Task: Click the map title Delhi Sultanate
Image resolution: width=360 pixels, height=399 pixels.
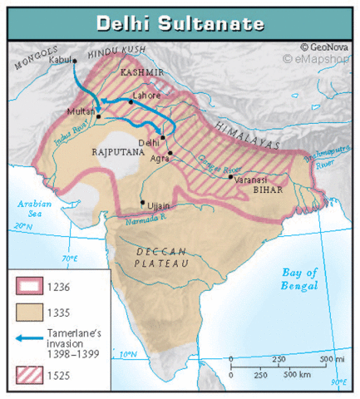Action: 179,22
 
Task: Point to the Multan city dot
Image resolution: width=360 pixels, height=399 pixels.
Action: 98,116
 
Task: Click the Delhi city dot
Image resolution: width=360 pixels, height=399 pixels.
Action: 163,137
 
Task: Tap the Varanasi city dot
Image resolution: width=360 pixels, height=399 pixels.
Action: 231,176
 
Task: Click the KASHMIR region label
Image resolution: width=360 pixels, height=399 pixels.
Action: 140,73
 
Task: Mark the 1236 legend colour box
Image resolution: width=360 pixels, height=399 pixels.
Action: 28,288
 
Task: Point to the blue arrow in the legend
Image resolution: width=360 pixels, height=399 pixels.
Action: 28,339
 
